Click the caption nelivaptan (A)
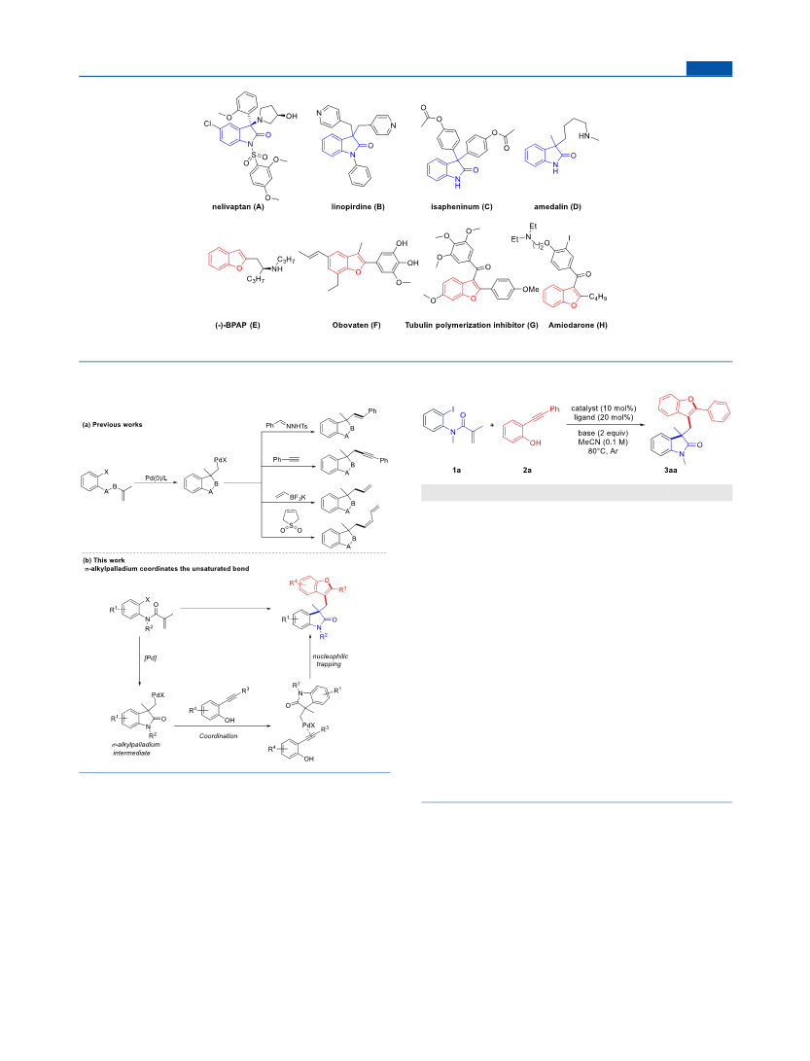pos(237,206)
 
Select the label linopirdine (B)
pos(358,206)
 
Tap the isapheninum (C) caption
pos(462,206)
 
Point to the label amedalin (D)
pos(557,206)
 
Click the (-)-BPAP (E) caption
pos(237,325)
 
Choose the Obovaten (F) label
pos(357,325)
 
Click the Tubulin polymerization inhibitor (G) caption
pos(472,325)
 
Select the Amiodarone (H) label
pos(578,325)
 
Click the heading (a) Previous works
pos(113,425)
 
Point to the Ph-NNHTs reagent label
pos(288,424)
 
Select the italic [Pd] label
pos(150,657)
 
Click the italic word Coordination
pos(219,735)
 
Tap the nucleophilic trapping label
pos(331,660)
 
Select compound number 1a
pos(457,470)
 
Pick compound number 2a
pos(527,470)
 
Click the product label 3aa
pos(671,470)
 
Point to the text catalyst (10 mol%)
pos(604,408)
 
